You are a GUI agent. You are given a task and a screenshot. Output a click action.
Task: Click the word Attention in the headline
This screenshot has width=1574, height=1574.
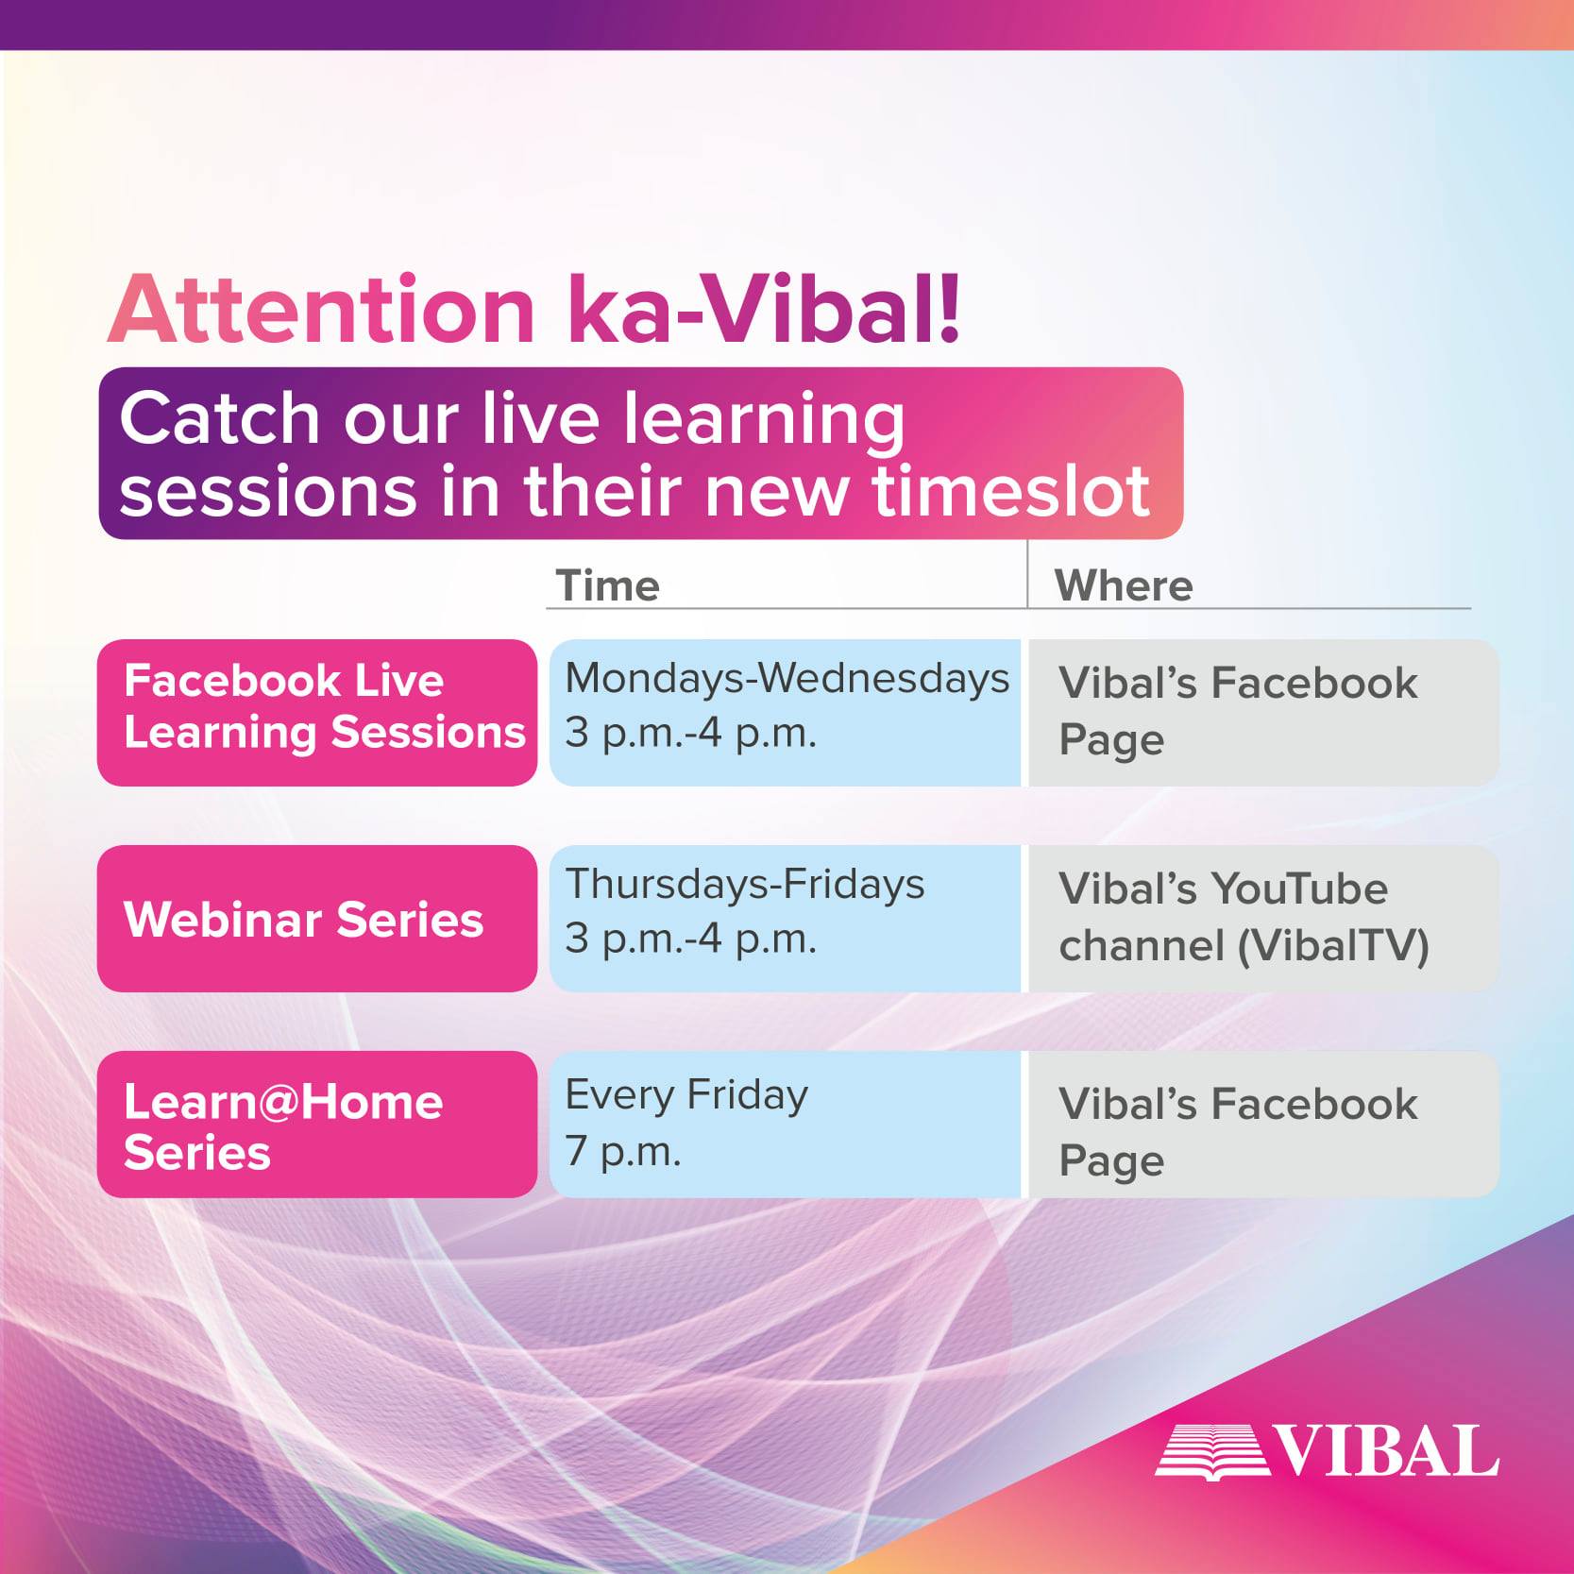[x=322, y=310]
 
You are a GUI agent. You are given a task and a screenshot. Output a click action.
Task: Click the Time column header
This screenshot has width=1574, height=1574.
[x=607, y=585]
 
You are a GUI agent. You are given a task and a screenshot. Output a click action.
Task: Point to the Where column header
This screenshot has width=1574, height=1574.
[x=1124, y=585]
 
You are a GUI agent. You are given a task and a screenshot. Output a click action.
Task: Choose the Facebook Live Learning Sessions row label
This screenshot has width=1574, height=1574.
[x=317, y=713]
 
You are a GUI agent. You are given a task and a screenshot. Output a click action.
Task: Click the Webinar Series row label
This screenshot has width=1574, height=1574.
[x=317, y=919]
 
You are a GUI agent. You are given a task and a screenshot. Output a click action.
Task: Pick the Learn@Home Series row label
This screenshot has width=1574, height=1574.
[x=317, y=1125]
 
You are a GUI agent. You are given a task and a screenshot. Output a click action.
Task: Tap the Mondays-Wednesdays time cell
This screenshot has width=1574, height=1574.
[x=786, y=713]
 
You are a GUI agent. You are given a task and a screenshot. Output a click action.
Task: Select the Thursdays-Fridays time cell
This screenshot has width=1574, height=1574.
[x=786, y=919]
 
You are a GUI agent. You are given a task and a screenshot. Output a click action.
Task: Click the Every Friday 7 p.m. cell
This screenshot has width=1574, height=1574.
[x=786, y=1125]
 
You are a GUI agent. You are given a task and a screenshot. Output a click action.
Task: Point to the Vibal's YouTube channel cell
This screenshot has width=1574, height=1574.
[x=1263, y=919]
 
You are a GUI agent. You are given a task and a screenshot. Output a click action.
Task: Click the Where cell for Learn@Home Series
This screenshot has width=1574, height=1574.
[x=1263, y=1125]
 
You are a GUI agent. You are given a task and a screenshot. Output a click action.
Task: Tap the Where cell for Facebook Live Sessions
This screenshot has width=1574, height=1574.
[x=1263, y=713]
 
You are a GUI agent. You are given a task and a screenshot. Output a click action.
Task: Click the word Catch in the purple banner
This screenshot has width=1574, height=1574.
[x=220, y=418]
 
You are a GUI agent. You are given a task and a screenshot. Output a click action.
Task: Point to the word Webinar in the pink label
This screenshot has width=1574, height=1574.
[x=223, y=920]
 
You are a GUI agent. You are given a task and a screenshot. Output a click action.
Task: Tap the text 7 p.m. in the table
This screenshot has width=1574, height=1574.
[x=623, y=1151]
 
